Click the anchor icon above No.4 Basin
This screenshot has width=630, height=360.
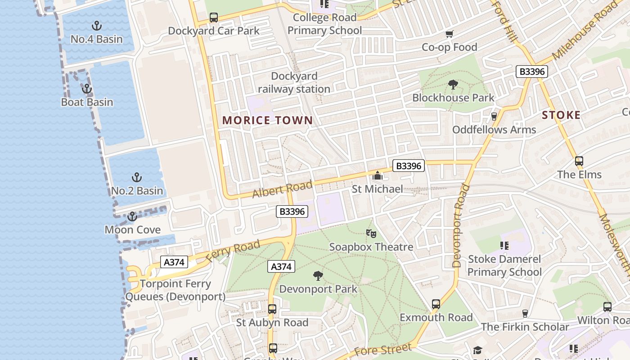point(96,26)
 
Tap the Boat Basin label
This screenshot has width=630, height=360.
point(87,102)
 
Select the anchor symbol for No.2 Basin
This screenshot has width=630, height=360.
point(136,177)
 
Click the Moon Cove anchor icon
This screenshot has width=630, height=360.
point(132,217)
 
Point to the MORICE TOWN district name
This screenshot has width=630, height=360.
point(267,120)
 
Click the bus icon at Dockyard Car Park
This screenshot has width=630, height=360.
point(214,18)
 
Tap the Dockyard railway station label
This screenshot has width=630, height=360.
point(294,82)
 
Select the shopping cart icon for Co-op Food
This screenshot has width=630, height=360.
point(449,34)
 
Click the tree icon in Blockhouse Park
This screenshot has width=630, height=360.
point(453,84)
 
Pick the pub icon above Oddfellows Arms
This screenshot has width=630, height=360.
point(494,116)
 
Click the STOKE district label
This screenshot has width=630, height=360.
point(561,115)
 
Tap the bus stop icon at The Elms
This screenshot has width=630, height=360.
point(579,161)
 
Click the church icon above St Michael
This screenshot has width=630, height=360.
point(377,175)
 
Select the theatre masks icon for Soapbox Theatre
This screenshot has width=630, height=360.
point(371,233)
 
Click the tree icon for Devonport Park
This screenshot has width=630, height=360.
point(318,275)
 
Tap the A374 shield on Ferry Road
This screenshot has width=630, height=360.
point(174,262)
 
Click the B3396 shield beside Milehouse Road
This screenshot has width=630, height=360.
point(532,71)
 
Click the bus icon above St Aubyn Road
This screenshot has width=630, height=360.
point(272,309)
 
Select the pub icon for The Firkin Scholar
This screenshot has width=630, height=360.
point(525,313)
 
